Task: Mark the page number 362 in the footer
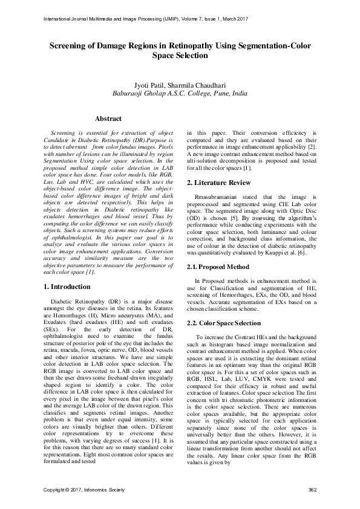click(313, 489)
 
